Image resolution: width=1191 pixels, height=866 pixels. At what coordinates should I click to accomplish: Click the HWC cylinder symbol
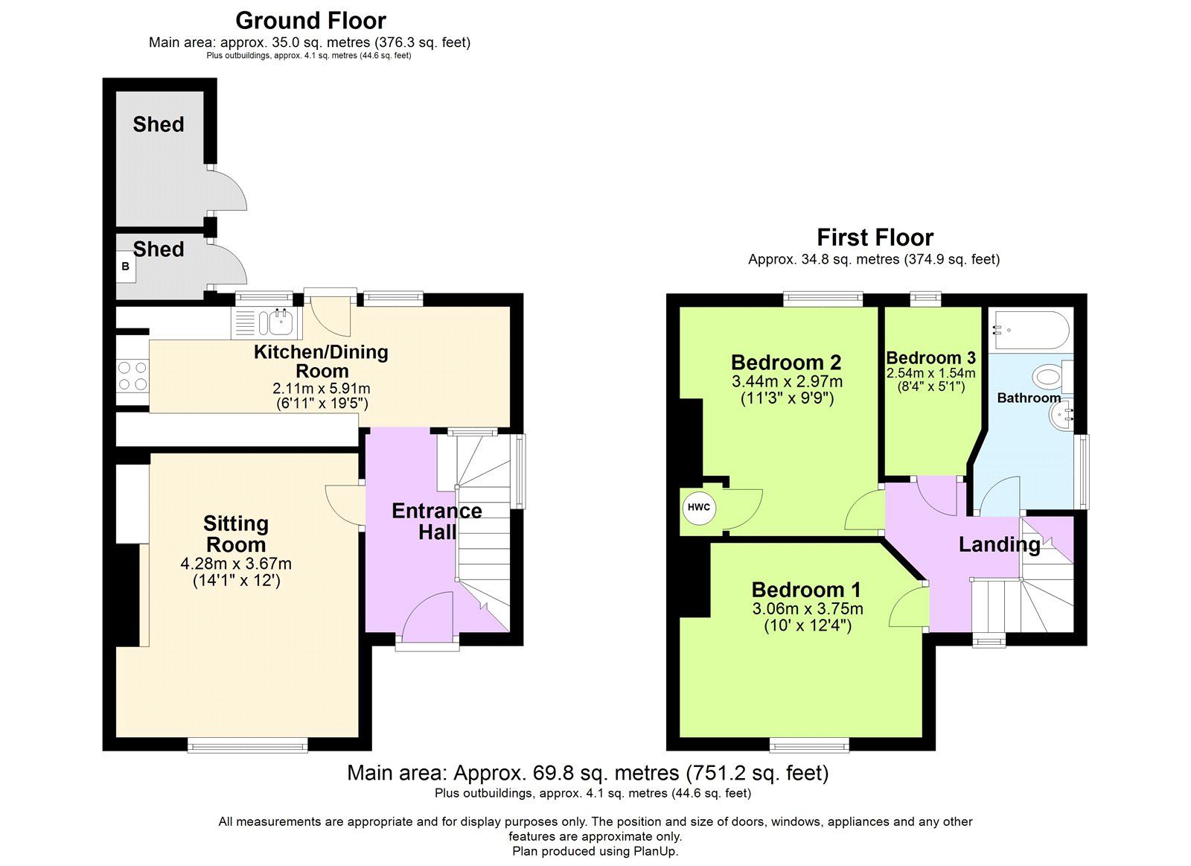click(698, 508)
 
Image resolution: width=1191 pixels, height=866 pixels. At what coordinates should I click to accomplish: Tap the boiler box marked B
click(125, 267)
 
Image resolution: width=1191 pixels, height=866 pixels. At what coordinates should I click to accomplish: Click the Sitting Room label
click(235, 534)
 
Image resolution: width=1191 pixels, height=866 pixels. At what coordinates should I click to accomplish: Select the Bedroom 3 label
click(930, 358)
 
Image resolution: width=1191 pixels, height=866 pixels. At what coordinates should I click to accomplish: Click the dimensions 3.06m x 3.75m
click(808, 609)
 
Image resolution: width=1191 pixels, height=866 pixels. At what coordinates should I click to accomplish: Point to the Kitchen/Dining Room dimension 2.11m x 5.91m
click(321, 389)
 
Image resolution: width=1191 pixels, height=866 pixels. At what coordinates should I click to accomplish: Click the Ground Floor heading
click(310, 20)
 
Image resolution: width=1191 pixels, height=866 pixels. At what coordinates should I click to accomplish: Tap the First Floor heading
click(875, 238)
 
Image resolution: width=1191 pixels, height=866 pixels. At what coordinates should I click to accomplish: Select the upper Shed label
click(159, 124)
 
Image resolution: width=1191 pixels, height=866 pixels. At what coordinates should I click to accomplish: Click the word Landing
click(999, 544)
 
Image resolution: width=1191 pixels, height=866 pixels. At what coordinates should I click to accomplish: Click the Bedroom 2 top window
click(823, 299)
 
